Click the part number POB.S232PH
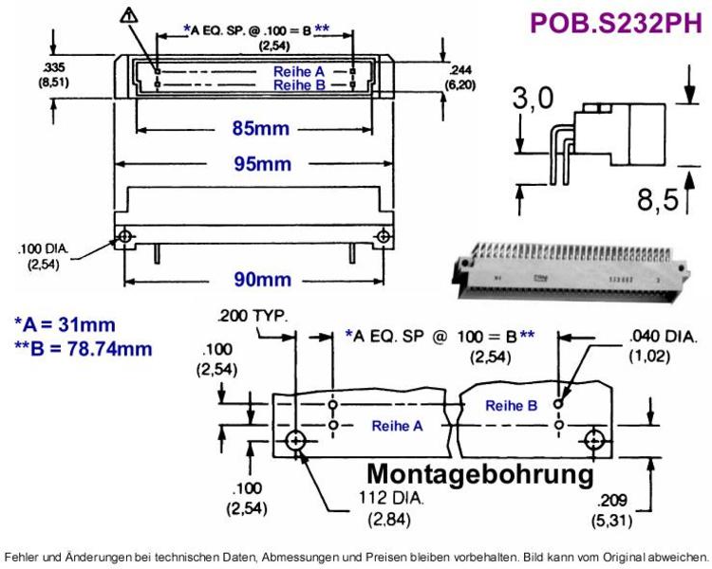pyautogui.click(x=616, y=23)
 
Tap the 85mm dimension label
pyautogui.click(x=261, y=129)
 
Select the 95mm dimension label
pyautogui.click(x=262, y=164)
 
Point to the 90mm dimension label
pyautogui.click(x=262, y=280)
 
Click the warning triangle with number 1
pyautogui.click(x=129, y=16)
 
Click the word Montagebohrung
pyautogui.click(x=480, y=474)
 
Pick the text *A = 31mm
pyautogui.click(x=65, y=325)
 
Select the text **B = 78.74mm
pyautogui.click(x=84, y=349)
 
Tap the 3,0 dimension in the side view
pyautogui.click(x=534, y=99)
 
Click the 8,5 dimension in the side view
pyautogui.click(x=658, y=199)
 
